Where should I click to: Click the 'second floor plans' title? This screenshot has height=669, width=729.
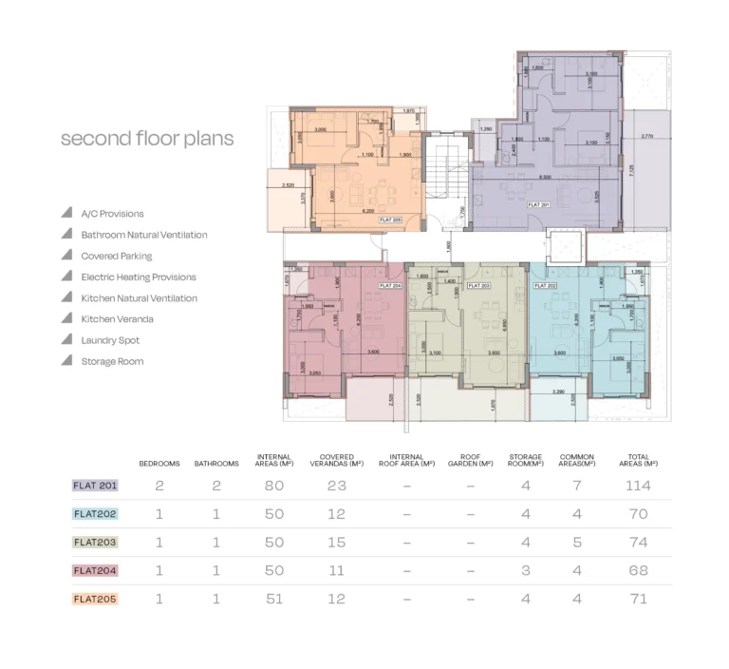(147, 139)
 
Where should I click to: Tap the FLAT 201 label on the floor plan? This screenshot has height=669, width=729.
(538, 204)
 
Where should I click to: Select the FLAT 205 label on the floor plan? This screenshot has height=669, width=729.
(391, 220)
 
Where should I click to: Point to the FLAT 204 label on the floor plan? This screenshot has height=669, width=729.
(390, 285)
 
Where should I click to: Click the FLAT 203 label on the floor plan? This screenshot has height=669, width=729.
(479, 285)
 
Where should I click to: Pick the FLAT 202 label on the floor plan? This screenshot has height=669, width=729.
(544, 285)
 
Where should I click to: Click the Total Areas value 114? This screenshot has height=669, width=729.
(637, 486)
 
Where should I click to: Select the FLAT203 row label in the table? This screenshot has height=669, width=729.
(95, 543)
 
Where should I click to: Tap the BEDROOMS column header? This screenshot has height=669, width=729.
(159, 464)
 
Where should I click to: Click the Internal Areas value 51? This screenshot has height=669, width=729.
(273, 600)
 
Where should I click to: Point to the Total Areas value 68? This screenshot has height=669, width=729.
(637, 571)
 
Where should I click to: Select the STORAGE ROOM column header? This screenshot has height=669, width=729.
(525, 460)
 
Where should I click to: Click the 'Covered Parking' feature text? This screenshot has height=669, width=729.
(116, 256)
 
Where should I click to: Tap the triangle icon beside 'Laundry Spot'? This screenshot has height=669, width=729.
(66, 339)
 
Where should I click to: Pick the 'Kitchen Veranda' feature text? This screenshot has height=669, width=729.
(117, 319)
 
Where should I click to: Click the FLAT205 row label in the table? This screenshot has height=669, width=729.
(95, 600)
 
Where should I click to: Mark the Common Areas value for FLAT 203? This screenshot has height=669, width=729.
(577, 543)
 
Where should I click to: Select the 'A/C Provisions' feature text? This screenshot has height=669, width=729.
(112, 214)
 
